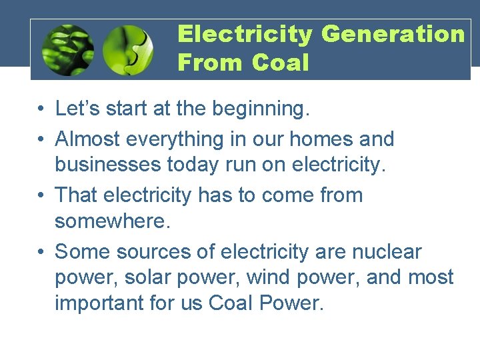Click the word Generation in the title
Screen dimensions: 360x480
393,34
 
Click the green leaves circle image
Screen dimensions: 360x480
67,50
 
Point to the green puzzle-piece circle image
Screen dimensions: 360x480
128,50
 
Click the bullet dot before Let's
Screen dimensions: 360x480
41,109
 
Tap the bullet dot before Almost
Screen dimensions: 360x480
41,140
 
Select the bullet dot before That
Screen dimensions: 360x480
41,196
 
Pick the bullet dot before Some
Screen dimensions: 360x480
41,253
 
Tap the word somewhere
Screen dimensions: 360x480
113,221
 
